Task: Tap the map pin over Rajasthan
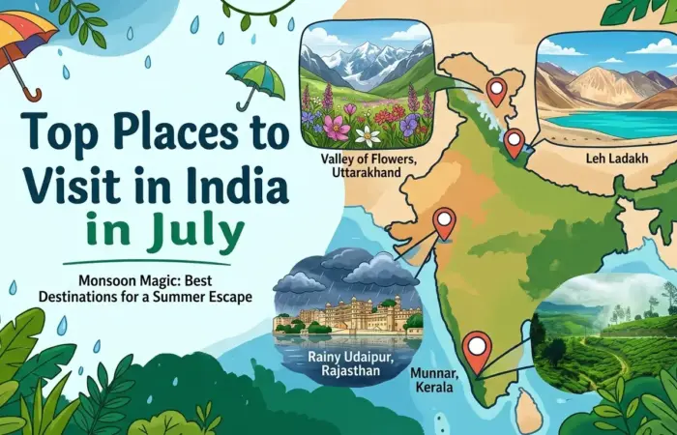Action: (x=444, y=221)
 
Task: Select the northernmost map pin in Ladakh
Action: (x=496, y=90)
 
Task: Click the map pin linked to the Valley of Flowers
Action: (x=514, y=140)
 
